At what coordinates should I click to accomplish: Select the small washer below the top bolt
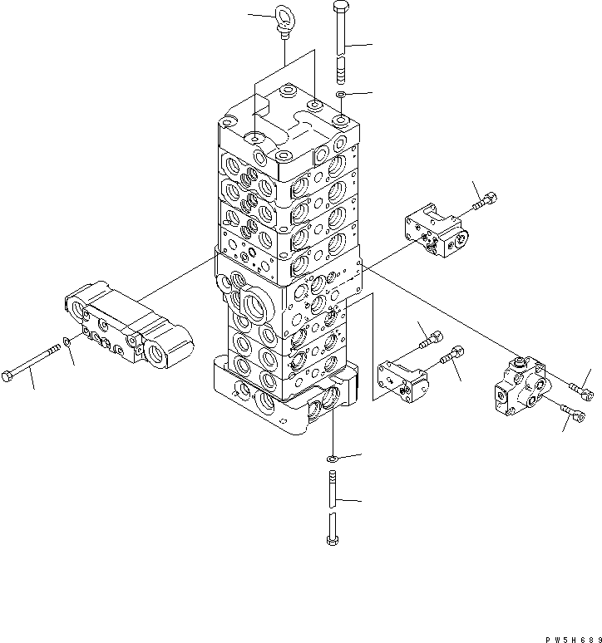(340, 96)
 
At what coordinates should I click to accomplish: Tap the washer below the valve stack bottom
(332, 457)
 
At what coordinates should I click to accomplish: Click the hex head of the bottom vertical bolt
(333, 541)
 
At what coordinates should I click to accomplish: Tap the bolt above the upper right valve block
(486, 201)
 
